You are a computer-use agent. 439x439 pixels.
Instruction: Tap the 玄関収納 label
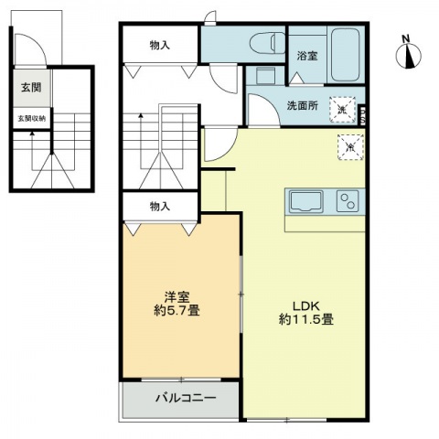(x=29, y=118)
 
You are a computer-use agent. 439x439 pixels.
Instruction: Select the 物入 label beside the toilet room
(x=160, y=44)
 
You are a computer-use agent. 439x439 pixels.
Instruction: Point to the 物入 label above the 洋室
(x=160, y=207)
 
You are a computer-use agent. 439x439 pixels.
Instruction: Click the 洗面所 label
(x=302, y=105)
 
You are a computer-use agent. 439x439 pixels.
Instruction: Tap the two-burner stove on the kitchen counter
(x=348, y=200)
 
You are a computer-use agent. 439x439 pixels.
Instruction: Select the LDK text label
(x=305, y=305)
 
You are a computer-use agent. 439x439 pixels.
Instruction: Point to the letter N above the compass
(x=406, y=38)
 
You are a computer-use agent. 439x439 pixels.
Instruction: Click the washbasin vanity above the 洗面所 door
(x=265, y=75)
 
